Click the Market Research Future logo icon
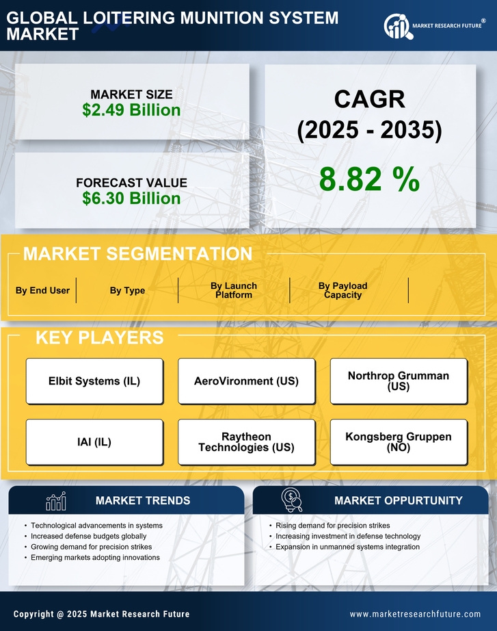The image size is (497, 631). tap(397, 26)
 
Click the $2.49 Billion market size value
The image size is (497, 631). tap(131, 110)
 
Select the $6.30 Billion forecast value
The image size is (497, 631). tap(131, 198)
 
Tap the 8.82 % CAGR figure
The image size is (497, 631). tap(369, 179)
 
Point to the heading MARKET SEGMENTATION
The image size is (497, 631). tap(137, 254)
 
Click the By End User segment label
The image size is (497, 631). tap(42, 290)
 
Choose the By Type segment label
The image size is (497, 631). tap(127, 290)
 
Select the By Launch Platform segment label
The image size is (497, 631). tap(234, 290)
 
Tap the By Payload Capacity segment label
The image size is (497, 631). tap(342, 290)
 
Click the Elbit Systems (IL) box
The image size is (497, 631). tap(94, 381)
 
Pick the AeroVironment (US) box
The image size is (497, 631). tap(246, 381)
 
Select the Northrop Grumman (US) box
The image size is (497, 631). tap(399, 381)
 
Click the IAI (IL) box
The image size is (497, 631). tap(94, 442)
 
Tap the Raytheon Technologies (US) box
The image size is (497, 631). tap(246, 442)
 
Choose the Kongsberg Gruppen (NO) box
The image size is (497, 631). tap(399, 442)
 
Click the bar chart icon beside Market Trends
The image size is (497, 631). tap(55, 501)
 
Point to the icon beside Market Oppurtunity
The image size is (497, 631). tap(292, 500)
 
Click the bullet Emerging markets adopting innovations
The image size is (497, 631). tap(95, 558)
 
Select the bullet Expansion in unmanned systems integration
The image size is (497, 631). tap(347, 547)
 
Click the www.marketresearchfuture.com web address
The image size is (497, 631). tap(415, 614)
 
